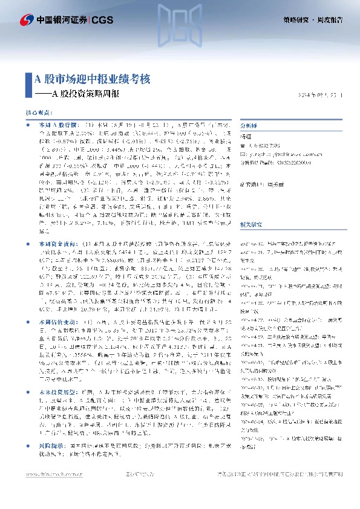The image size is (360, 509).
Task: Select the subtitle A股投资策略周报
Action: [x=84, y=94]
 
